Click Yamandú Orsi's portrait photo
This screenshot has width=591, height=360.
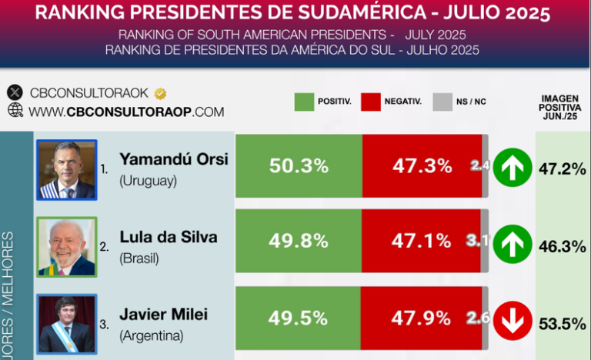67,169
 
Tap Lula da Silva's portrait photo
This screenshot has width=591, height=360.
67,246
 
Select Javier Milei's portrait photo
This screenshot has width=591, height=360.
67,324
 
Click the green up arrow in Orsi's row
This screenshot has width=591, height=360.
509,167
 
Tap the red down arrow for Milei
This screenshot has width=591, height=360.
509,321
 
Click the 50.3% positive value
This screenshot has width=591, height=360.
299,166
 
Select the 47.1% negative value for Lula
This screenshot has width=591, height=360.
421,241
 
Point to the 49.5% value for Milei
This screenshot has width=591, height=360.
298,318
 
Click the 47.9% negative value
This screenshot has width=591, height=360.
421,318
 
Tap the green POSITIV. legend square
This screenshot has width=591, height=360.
304,102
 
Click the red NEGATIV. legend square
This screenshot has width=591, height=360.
372,102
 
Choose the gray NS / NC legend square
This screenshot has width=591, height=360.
442,102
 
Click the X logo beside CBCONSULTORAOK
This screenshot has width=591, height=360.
15,93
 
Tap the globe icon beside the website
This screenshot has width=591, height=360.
15,111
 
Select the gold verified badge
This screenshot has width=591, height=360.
160,94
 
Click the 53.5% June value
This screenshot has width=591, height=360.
563,324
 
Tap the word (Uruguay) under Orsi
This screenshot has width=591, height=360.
149,182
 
